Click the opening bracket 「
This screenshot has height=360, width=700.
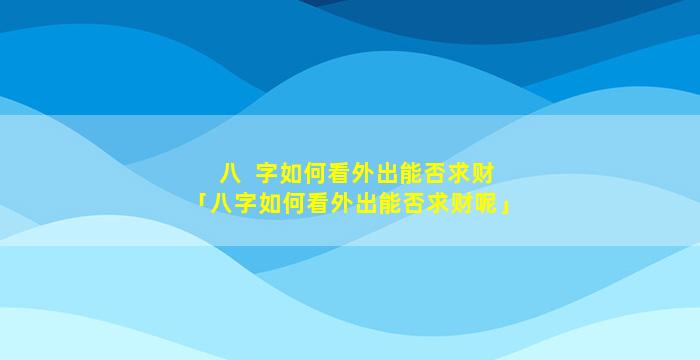(x=203, y=201)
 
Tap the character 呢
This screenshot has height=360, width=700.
(x=486, y=205)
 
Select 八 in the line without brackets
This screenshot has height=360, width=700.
(x=230, y=174)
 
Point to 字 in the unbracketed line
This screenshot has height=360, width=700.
(x=267, y=174)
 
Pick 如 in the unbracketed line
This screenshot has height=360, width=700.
(x=291, y=174)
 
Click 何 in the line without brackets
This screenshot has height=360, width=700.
(x=315, y=174)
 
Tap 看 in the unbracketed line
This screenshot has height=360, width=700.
(x=339, y=174)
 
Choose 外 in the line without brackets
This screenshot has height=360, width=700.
(x=363, y=174)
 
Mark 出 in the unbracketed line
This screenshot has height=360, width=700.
(x=387, y=174)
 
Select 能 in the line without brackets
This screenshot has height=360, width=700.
(x=411, y=174)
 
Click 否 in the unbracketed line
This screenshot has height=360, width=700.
(x=435, y=174)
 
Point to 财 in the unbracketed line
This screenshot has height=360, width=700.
(x=483, y=174)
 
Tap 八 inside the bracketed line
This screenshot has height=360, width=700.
(x=221, y=205)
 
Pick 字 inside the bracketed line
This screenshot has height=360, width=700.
(x=246, y=205)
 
